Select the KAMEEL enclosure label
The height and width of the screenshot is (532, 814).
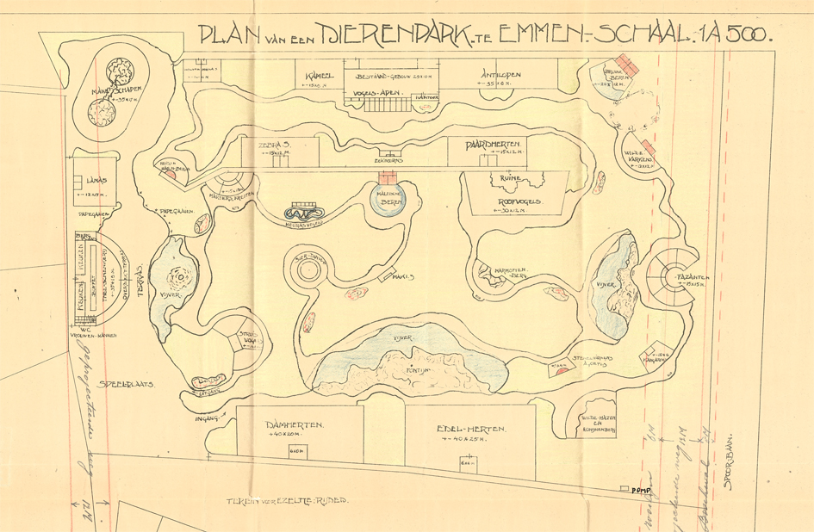coord(320,76)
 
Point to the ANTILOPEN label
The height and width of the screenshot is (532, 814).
coord(500,76)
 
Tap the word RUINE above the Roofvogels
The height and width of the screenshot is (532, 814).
coord(501,178)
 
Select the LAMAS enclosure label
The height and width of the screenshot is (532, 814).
coord(97,180)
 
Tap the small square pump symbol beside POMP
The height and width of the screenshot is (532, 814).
coord(624,490)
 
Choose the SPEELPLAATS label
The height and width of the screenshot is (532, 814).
coord(127,385)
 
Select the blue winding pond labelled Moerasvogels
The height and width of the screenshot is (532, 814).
coord(306,212)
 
